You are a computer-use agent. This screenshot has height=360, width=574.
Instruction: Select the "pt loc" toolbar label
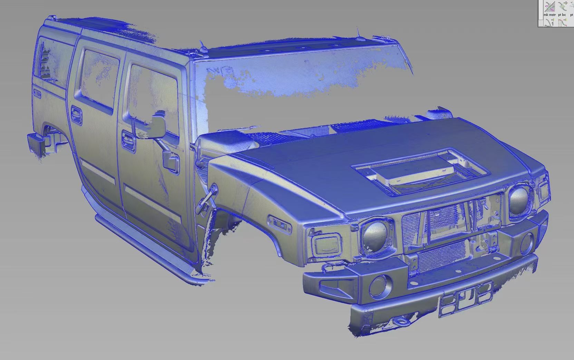point(562,15)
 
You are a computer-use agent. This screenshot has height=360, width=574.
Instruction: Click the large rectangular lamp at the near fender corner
point(324,244)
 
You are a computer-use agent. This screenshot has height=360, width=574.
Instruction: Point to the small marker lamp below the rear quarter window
point(37,94)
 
